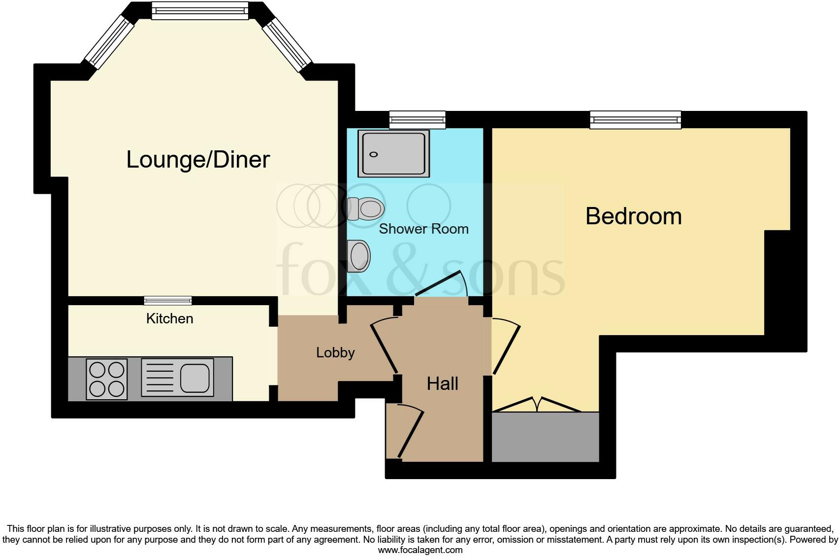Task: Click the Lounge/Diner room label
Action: click(x=198, y=160)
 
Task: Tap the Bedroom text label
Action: click(x=633, y=216)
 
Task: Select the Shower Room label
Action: click(x=423, y=229)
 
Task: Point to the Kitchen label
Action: click(x=169, y=318)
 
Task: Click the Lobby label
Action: click(x=335, y=353)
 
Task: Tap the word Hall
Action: click(x=442, y=383)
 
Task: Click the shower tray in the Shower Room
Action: click(x=393, y=153)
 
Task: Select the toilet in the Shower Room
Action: click(x=365, y=209)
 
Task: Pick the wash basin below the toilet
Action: click(x=359, y=256)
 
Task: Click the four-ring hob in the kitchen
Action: click(x=107, y=379)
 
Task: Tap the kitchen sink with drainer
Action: click(x=177, y=378)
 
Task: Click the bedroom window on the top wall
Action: click(x=635, y=120)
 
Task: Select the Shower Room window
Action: click(x=417, y=120)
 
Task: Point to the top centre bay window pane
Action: click(x=200, y=10)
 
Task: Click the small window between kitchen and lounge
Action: click(x=168, y=300)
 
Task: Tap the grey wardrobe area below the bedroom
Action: click(x=546, y=437)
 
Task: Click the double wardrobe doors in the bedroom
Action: click(x=537, y=405)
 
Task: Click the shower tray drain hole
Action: click(x=373, y=155)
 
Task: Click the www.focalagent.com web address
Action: click(x=420, y=550)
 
